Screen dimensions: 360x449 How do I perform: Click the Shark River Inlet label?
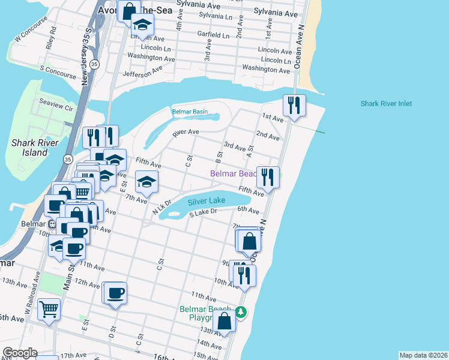click(386, 104)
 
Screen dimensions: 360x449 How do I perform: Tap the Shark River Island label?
click(29, 148)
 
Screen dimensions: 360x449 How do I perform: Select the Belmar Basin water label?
click(190, 112)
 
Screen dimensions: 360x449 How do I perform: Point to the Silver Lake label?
click(206, 200)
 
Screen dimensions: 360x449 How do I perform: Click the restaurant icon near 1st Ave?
click(294, 106)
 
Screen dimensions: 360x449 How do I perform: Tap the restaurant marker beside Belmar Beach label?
click(268, 177)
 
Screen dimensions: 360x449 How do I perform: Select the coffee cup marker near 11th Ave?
click(115, 293)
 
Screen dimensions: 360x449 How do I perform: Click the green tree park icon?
click(241, 312)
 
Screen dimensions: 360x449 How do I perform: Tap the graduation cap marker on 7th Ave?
click(146, 182)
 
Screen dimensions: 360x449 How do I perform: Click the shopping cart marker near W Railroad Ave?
click(49, 310)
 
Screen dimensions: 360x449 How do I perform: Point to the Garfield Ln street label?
click(214, 35)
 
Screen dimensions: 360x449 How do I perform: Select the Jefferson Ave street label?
click(142, 73)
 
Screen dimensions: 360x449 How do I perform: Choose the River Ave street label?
click(185, 131)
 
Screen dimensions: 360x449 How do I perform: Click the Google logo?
click(20, 353)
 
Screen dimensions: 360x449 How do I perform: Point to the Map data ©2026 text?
click(423, 355)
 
